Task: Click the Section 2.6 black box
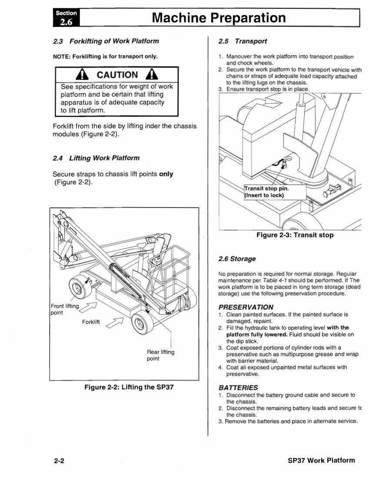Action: click(x=66, y=17)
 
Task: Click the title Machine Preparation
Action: click(x=219, y=18)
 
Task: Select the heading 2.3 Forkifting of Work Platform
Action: click(x=106, y=41)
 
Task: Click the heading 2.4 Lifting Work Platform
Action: click(x=96, y=158)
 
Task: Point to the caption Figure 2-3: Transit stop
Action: click(x=295, y=235)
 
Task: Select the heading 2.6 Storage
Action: click(x=237, y=259)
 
